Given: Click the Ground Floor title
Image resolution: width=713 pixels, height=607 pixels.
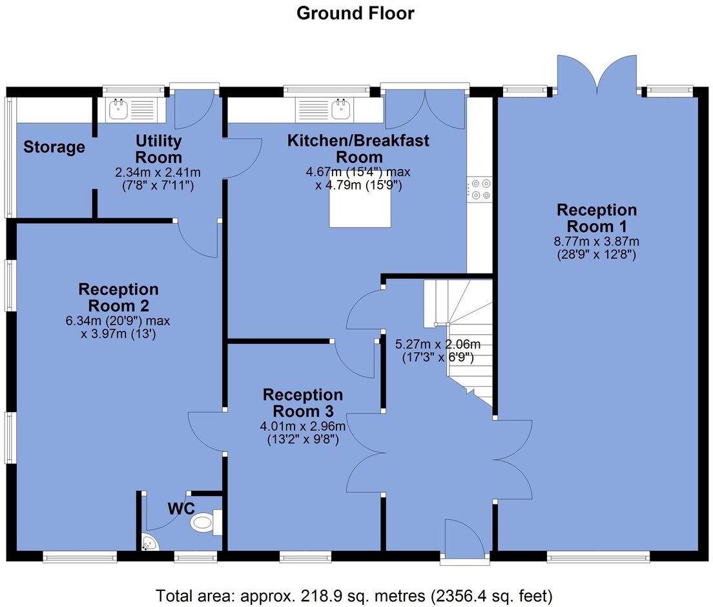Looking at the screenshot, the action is pos(355,13).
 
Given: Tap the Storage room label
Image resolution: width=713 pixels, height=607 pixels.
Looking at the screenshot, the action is pos(54,147).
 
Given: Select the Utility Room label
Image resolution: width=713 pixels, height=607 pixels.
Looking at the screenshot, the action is pos(158,149).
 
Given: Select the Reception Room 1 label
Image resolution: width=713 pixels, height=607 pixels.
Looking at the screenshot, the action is pos(597,218).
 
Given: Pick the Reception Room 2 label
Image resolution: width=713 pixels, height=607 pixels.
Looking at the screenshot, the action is pos(118,297).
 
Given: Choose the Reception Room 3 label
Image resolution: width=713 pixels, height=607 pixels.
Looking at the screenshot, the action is pos(302,403).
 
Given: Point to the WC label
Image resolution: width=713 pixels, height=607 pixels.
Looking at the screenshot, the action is pos(181,508).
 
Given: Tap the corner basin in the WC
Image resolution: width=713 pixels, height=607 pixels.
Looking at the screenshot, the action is pos(150,543).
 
